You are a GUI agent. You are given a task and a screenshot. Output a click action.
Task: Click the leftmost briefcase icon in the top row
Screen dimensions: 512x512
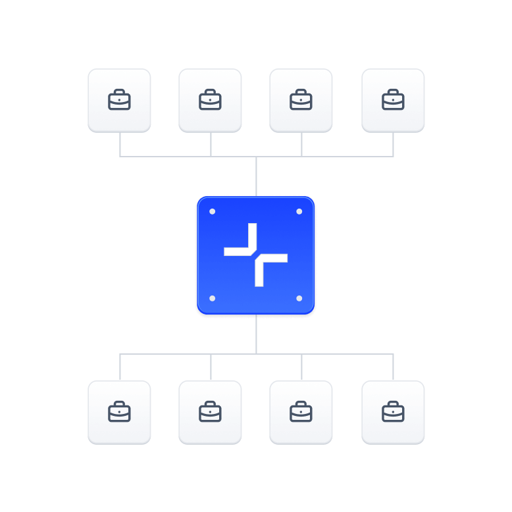119,101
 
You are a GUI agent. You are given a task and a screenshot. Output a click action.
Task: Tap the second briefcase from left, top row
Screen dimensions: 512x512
210,101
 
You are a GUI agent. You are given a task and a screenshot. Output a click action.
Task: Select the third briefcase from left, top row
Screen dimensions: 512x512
301,101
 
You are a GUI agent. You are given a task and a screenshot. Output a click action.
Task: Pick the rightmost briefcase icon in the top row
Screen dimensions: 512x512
393,101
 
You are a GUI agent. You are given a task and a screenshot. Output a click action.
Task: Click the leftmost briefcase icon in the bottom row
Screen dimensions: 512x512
119,413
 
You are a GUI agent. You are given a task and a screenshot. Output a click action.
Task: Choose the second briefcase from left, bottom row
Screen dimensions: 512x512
210,413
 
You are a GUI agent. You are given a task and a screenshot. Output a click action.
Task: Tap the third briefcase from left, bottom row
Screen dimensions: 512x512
301,413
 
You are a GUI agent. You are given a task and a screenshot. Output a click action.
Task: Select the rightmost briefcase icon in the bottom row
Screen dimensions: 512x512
393,413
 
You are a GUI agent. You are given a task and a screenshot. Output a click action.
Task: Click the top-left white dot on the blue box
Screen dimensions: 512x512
212,212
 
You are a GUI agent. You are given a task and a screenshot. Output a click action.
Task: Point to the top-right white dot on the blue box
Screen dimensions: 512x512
299,212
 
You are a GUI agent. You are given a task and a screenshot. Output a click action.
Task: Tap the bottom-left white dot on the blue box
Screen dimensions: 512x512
212,299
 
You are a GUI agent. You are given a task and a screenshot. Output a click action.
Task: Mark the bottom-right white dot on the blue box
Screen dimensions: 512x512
299,299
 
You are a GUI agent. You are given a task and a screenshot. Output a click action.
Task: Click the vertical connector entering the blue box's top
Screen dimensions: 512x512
256,176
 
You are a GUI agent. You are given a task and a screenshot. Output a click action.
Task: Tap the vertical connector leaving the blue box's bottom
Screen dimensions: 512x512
256,334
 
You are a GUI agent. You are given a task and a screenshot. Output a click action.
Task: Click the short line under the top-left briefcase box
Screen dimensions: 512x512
120,145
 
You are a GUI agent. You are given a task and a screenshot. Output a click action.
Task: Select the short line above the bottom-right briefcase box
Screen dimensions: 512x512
394,367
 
